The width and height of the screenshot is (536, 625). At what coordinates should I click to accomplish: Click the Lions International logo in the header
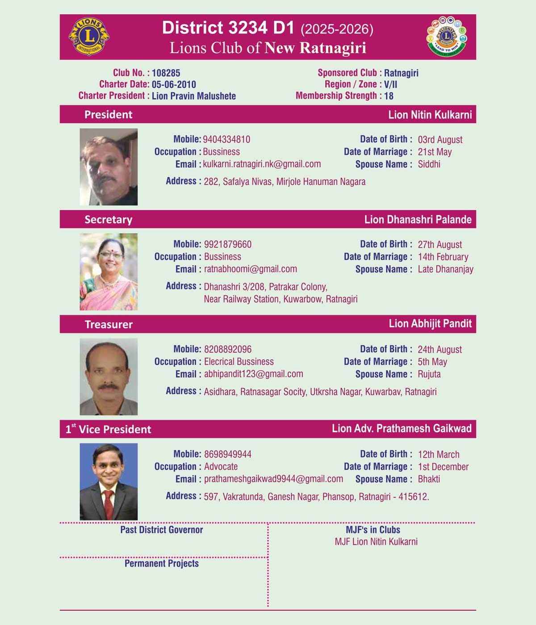(x=89, y=37)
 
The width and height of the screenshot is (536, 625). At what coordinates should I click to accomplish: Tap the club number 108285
(x=166, y=73)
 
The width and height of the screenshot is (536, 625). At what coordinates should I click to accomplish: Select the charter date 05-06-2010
(x=174, y=84)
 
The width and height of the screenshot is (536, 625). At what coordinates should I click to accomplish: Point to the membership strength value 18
(x=389, y=96)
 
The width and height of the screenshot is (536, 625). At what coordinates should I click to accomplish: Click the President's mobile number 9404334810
(x=226, y=139)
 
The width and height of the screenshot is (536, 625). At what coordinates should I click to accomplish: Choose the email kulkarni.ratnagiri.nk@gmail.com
(x=262, y=164)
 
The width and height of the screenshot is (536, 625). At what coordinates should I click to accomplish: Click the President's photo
(x=109, y=167)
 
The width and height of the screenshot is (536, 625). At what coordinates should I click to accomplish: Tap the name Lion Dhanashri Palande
(x=418, y=219)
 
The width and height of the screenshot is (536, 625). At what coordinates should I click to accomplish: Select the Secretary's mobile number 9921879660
(x=228, y=244)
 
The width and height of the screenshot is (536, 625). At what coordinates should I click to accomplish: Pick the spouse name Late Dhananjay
(x=445, y=269)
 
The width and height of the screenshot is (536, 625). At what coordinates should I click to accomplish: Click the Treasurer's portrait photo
(x=109, y=377)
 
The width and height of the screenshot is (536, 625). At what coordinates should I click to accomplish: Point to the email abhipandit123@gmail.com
(x=253, y=374)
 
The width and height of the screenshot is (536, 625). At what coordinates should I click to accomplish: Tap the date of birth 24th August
(x=440, y=350)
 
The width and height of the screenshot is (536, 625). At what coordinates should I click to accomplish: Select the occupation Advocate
(x=221, y=467)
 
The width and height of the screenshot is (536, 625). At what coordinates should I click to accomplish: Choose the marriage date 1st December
(x=443, y=467)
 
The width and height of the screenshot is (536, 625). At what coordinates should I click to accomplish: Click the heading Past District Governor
(x=161, y=530)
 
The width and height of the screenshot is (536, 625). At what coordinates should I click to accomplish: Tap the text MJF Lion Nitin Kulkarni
(x=376, y=542)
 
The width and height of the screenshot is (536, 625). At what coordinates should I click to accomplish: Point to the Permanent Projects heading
(x=161, y=563)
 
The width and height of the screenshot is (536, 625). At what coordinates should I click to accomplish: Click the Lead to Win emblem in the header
(x=446, y=37)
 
